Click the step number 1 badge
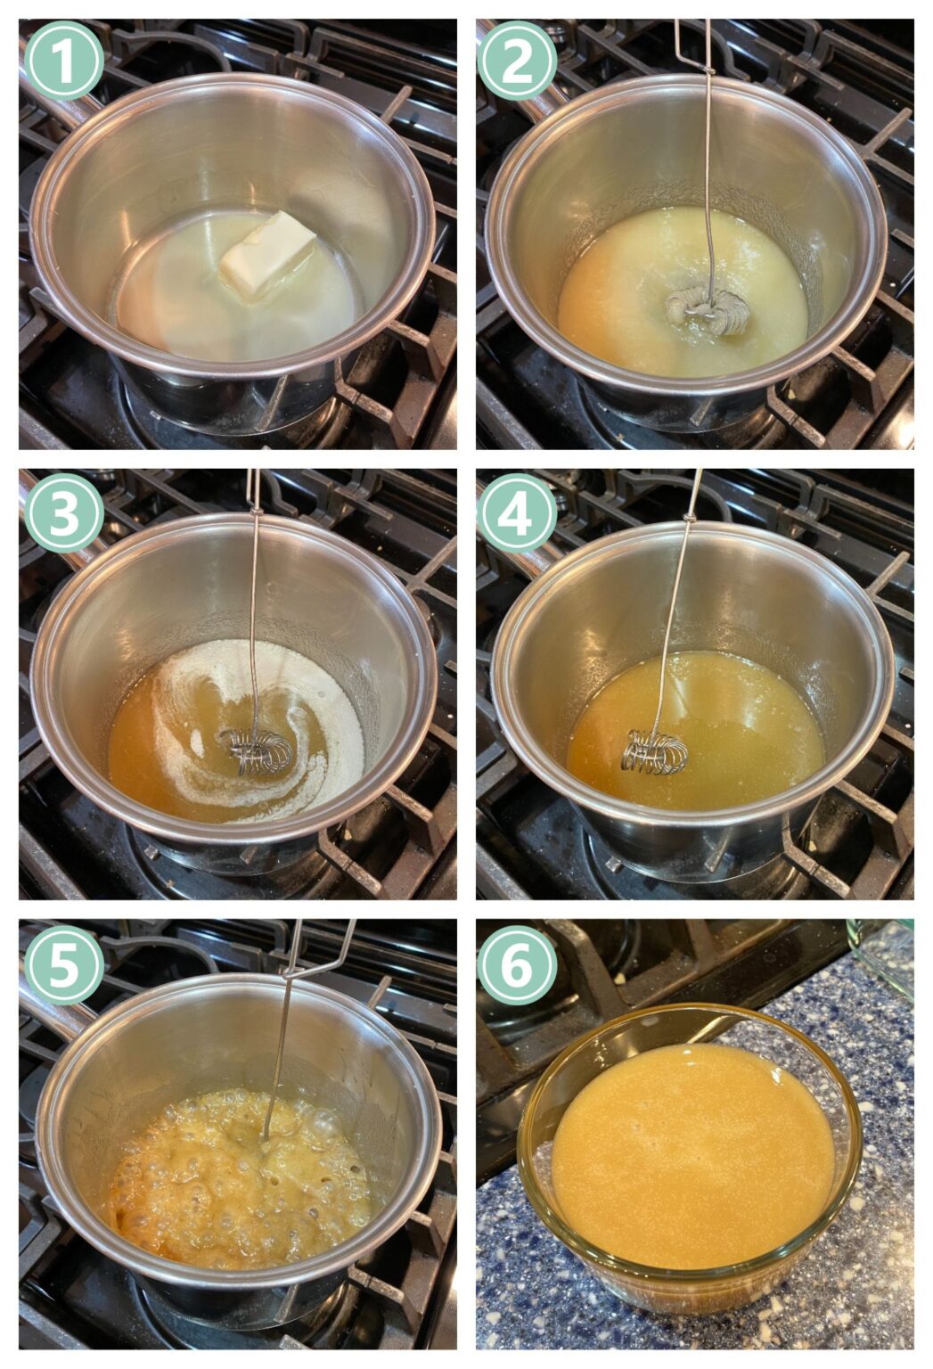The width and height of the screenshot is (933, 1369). point(63,60)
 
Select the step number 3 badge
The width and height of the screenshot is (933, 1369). point(63,513)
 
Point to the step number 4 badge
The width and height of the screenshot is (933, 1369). point(517,513)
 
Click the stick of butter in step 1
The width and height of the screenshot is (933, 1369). point(267,255)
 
